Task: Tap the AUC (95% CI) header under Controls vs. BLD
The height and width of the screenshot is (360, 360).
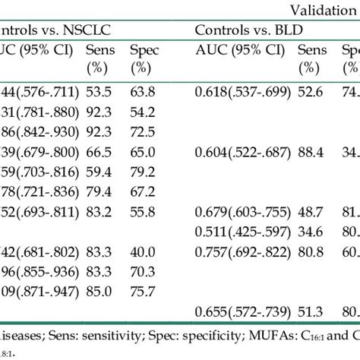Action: coord(239,51)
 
